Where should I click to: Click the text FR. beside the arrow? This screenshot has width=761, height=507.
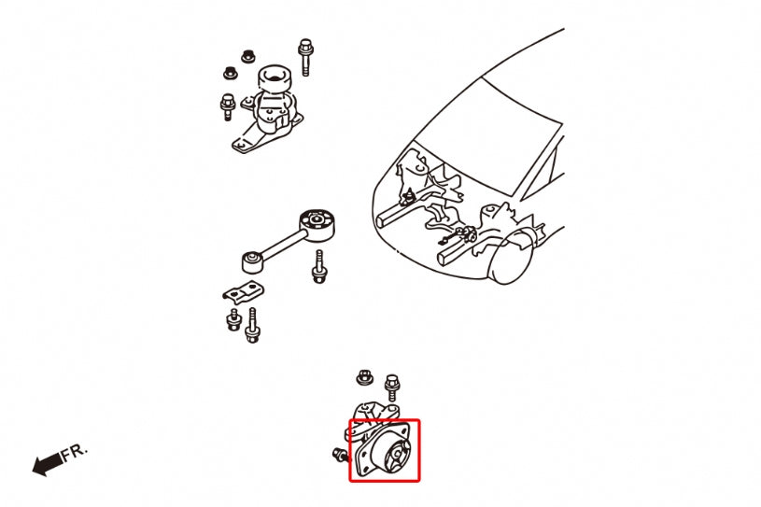click(75, 454)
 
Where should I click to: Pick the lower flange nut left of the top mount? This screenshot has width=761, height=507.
click(229, 72)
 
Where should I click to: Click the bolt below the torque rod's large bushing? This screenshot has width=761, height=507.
click(319, 266)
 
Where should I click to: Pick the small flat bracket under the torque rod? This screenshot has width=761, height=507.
click(240, 292)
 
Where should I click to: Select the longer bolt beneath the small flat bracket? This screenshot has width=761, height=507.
click(251, 327)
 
